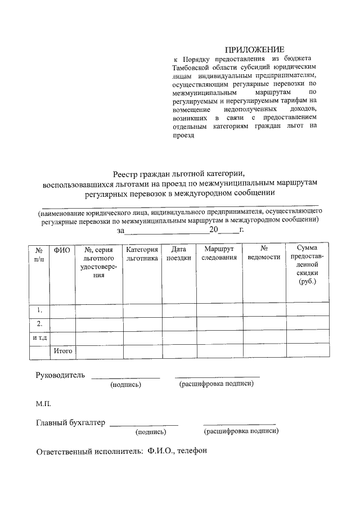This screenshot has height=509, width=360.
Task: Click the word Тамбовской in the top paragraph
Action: point(192,67)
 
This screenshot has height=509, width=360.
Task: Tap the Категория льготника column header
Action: point(142,254)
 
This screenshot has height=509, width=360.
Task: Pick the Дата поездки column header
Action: point(179,254)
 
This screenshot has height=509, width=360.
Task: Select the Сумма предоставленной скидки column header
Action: point(307,265)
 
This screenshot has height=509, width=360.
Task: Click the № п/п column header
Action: point(39,254)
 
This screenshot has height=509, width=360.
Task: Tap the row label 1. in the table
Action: point(39,310)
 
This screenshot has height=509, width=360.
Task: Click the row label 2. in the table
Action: point(39,324)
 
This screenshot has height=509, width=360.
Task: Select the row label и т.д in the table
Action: point(39,337)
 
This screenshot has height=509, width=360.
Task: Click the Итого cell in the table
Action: point(62,351)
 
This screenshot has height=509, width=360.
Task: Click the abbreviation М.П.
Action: point(44,403)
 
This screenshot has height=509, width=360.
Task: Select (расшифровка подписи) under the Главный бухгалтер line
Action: point(241,431)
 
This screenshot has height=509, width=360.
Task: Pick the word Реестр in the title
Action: point(125,174)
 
